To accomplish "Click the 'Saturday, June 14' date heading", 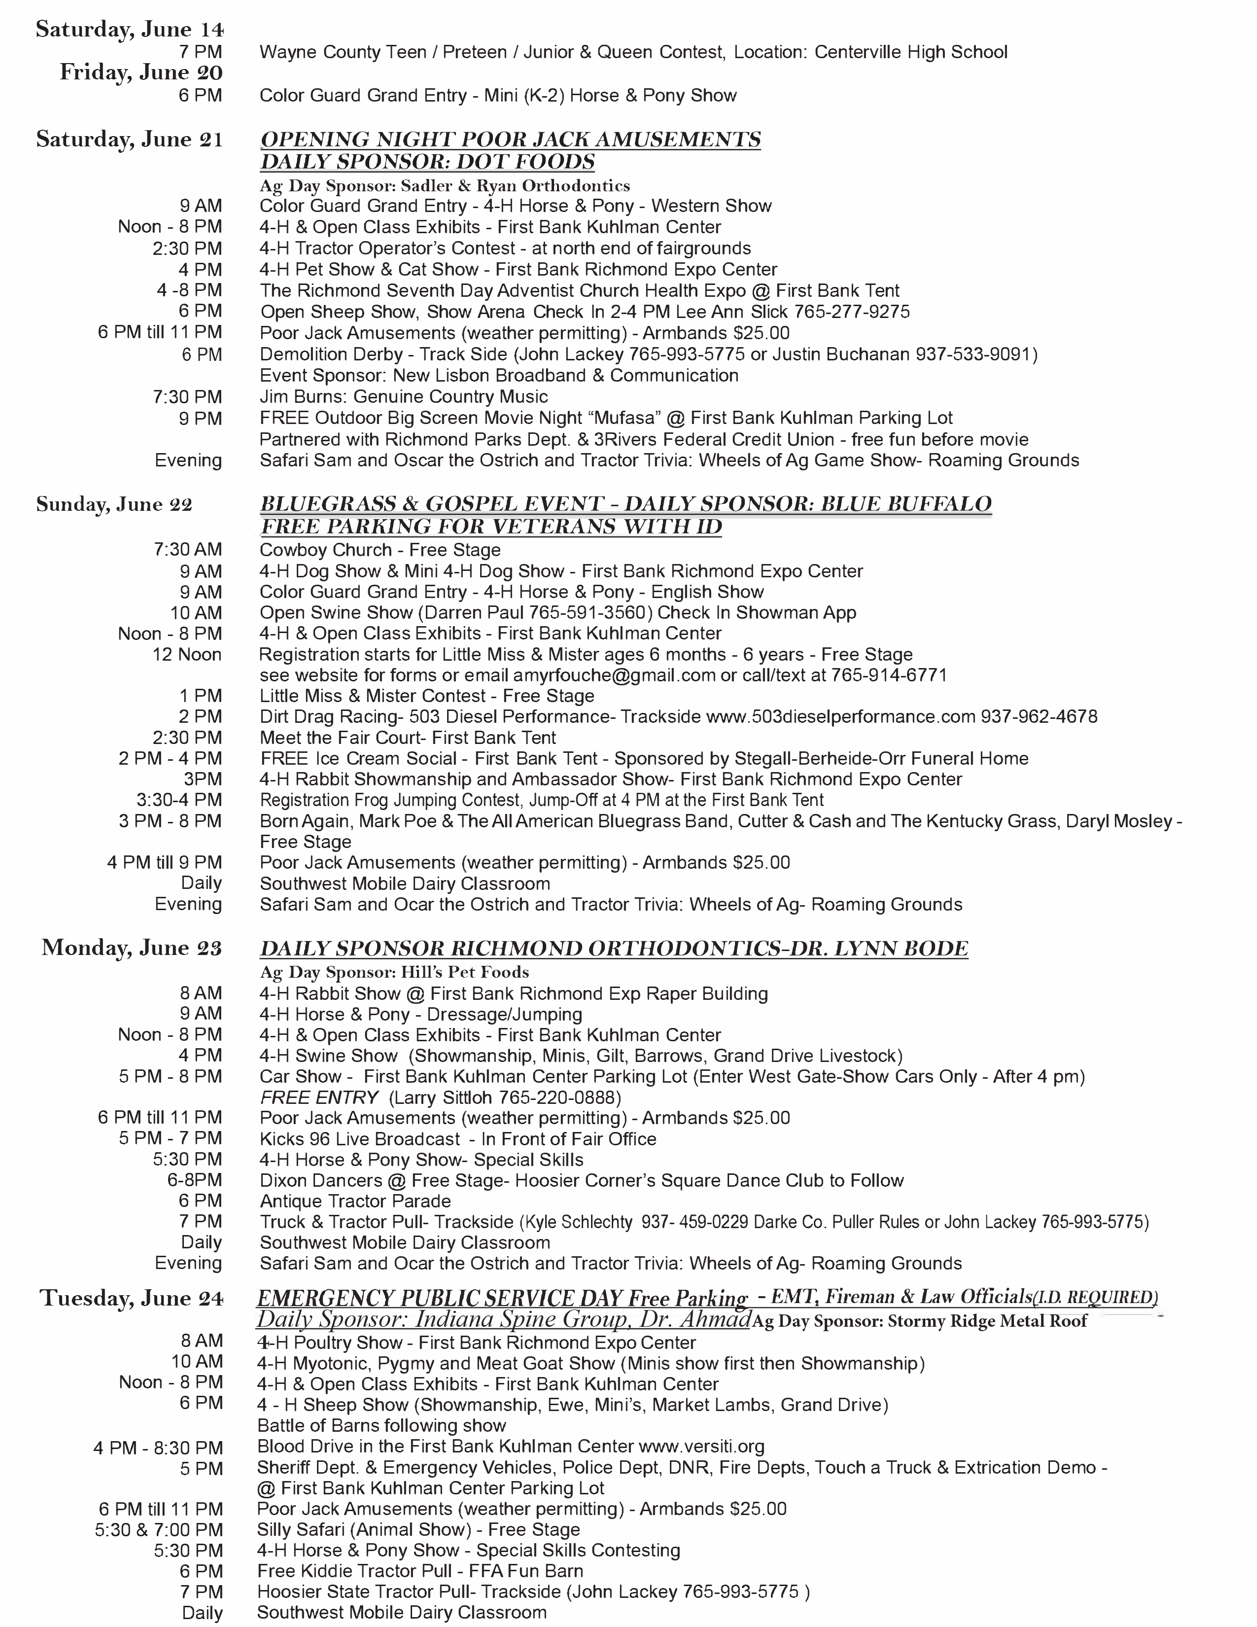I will click(130, 29).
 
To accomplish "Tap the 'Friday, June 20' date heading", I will click(141, 72).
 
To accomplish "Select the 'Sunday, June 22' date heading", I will click(114, 504).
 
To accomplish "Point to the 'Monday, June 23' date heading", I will click(132, 948).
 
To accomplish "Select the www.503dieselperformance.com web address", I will click(840, 717).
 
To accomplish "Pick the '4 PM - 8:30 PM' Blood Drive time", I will click(158, 1448).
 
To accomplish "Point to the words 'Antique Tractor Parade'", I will click(355, 1201).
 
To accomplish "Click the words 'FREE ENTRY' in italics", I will click(319, 1097).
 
